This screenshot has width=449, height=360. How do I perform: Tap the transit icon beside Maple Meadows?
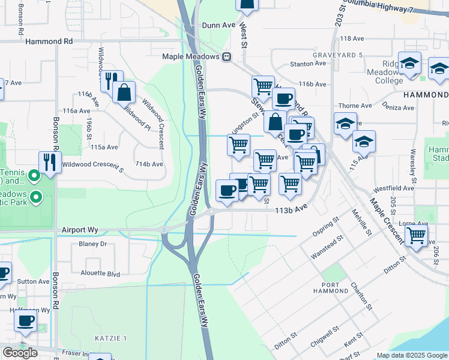[227, 56]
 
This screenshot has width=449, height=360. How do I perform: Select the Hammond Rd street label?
[49, 41]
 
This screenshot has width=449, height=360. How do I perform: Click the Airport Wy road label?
[79, 230]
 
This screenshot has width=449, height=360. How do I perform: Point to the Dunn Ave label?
[218, 26]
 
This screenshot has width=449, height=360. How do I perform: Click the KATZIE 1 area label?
[110, 339]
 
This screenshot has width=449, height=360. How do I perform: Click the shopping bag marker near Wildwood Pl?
[124, 92]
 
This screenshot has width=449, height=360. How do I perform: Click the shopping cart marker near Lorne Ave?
[416, 235]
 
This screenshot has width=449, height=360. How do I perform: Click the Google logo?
[20, 352]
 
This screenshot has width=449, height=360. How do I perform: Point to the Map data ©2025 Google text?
[412, 355]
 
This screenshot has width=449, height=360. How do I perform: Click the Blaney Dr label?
[92, 244]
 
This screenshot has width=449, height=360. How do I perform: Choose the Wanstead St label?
[327, 247]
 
